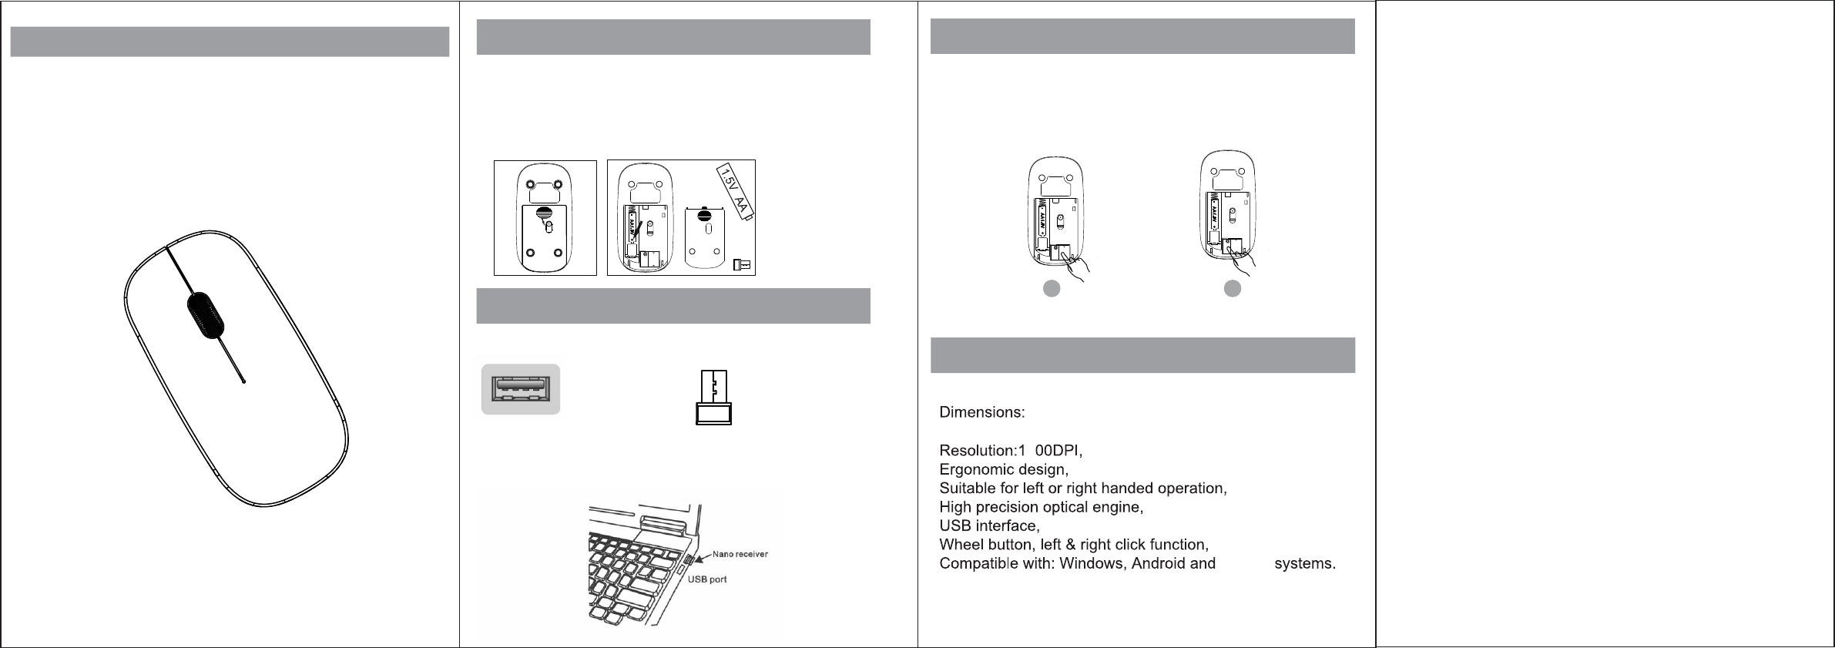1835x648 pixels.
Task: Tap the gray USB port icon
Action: pyautogui.click(x=521, y=389)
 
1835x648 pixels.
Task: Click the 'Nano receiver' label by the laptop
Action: pyautogui.click(x=740, y=554)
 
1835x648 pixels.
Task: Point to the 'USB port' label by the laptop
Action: pyautogui.click(x=707, y=579)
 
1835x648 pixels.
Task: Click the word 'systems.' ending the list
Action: pyautogui.click(x=1305, y=564)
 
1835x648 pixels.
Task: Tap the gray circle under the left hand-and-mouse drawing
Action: pyautogui.click(x=1052, y=288)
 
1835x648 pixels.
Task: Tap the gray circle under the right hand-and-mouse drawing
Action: pyautogui.click(x=1233, y=288)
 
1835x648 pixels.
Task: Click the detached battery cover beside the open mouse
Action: pyautogui.click(x=706, y=235)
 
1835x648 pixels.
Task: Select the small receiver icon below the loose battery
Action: pyautogui.click(x=742, y=264)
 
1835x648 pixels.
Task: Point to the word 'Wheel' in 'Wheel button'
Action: pyautogui.click(x=960, y=545)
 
